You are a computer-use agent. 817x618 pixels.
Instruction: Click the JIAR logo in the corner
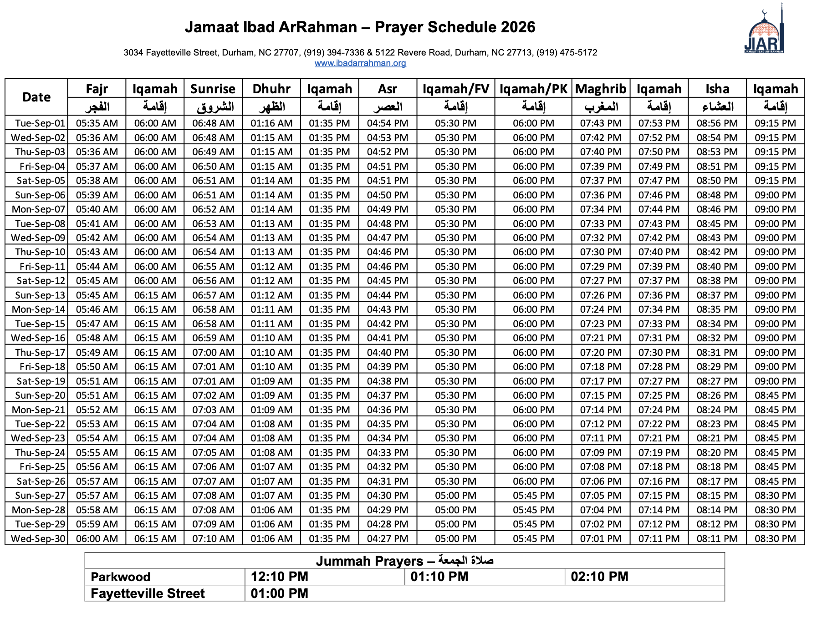[x=764, y=32]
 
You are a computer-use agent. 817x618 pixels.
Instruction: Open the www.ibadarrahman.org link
[x=360, y=63]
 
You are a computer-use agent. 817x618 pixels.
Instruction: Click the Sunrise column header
[x=213, y=89]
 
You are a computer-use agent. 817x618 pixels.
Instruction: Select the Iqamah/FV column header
[x=455, y=89]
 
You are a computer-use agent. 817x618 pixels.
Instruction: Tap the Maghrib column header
[x=600, y=89]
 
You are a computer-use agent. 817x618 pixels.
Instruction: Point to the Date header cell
[x=36, y=97]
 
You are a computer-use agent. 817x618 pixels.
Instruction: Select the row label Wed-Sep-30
[x=38, y=539]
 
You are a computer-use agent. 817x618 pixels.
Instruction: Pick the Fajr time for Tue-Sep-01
[x=97, y=123]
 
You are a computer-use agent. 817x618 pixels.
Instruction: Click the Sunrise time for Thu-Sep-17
[x=213, y=353]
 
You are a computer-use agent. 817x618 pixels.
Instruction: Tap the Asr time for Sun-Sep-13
[x=388, y=295]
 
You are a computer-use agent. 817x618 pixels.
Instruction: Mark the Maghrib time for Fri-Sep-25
[x=600, y=467]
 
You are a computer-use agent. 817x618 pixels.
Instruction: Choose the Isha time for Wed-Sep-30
[x=717, y=539]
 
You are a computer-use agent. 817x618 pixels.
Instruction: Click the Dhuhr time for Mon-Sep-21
[x=271, y=410]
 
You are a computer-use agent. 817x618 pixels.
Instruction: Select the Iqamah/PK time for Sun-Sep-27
[x=533, y=496]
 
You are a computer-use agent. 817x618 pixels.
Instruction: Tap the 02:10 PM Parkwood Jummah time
[x=599, y=577]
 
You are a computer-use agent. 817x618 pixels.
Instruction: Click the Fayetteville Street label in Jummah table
[x=148, y=593]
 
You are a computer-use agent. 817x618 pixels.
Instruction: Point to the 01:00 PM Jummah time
[x=279, y=593]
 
